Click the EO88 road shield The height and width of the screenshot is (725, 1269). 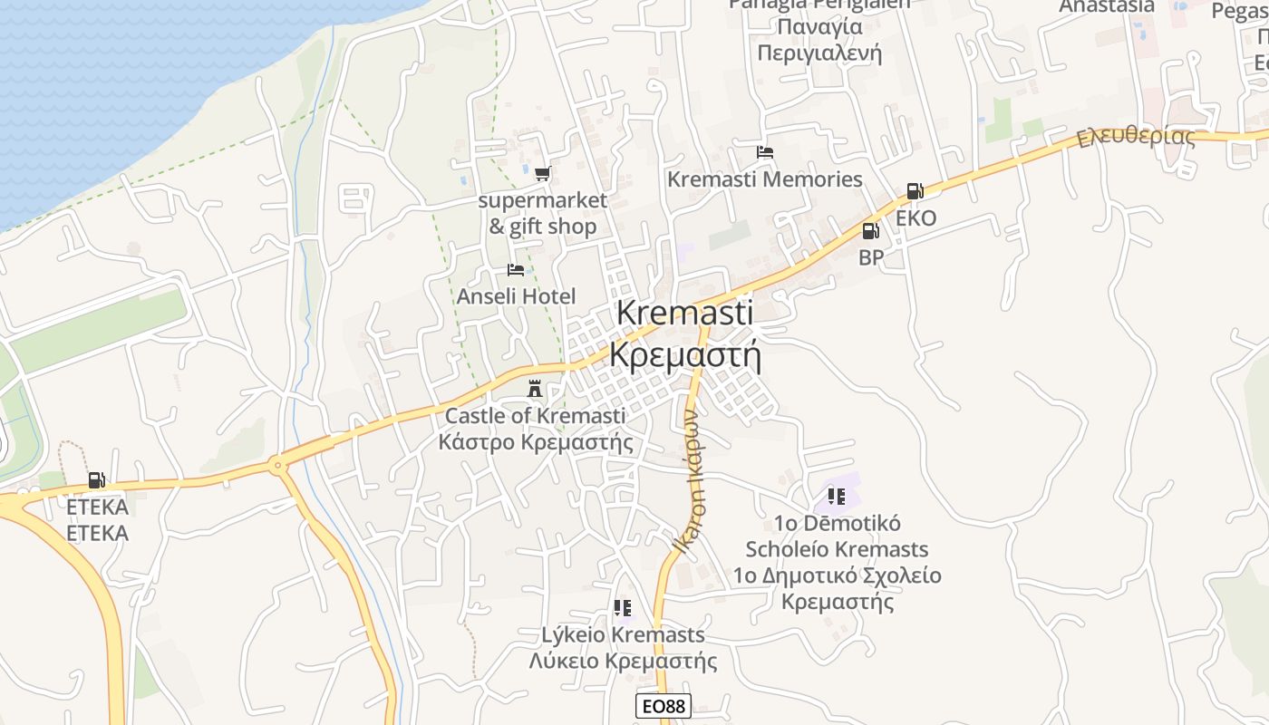[663, 707]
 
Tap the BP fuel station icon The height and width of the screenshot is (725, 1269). [870, 231]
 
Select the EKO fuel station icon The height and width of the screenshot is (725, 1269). [914, 191]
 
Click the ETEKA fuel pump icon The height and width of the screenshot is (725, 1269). [96, 480]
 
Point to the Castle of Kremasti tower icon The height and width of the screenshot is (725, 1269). [535, 389]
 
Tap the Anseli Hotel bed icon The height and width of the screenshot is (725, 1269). [516, 270]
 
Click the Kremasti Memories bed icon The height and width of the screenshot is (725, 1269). [765, 152]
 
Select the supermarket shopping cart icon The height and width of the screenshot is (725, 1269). [542, 173]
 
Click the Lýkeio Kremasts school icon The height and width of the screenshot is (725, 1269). [622, 607]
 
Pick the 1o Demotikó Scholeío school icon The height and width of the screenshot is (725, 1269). [836, 496]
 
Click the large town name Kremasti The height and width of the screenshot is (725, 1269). [684, 314]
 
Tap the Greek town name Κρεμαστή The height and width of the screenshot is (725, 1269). [684, 354]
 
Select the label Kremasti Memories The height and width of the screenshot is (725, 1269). [765, 179]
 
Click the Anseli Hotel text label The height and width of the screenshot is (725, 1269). [516, 296]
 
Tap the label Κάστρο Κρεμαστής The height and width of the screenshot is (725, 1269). [535, 442]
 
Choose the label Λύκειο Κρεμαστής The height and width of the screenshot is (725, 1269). [623, 661]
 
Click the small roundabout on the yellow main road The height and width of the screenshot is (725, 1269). [278, 467]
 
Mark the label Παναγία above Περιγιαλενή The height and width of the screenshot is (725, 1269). [809, 26]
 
